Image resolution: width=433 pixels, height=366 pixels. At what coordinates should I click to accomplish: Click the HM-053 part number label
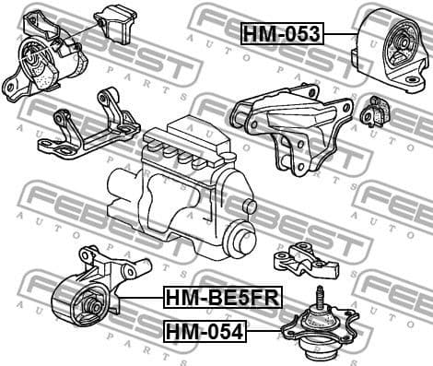coord(281,34)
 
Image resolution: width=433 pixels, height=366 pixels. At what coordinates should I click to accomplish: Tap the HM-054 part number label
coord(205,330)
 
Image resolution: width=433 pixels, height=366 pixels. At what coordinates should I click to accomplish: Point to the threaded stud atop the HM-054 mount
coord(319,299)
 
